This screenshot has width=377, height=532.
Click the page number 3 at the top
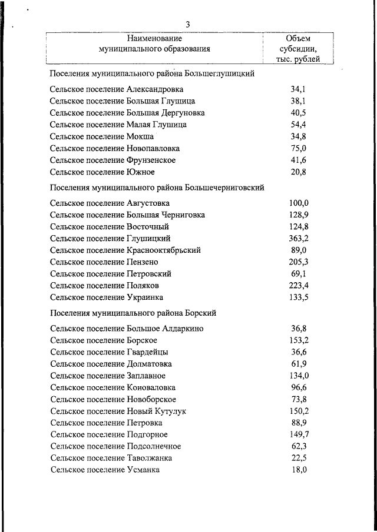click(187, 24)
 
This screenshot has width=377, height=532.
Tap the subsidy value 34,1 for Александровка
click(299, 89)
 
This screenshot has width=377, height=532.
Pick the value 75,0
click(299, 148)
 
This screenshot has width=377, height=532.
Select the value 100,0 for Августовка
click(299, 203)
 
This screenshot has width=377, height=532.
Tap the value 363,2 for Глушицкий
click(299, 238)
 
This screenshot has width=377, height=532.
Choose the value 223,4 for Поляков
click(299, 285)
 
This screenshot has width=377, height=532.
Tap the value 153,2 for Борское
click(299, 340)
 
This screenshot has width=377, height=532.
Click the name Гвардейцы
click(147, 352)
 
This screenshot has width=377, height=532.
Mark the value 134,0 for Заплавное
click(299, 376)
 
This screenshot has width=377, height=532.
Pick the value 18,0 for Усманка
click(299, 470)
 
